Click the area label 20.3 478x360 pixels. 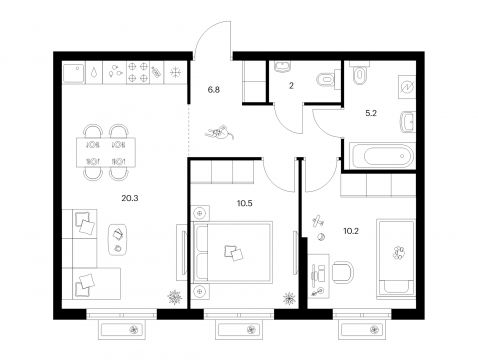pyautogui.click(x=130, y=198)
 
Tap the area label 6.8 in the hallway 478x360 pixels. pyautogui.click(x=214, y=90)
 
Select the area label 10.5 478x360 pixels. pyautogui.click(x=245, y=203)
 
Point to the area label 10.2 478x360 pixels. pyautogui.click(x=351, y=231)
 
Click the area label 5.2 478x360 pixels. pyautogui.click(x=371, y=113)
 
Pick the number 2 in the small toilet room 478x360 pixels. pyautogui.click(x=291, y=86)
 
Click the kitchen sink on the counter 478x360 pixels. pyautogui.click(x=74, y=72)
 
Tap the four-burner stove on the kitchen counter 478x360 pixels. pyautogui.click(x=138, y=72)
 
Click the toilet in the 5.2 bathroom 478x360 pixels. pyautogui.click(x=358, y=73)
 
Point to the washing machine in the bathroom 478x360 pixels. pyautogui.click(x=407, y=87)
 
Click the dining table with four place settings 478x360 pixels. pyautogui.click(x=106, y=153)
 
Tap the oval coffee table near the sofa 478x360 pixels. pyautogui.click(x=118, y=239)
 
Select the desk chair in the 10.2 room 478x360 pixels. pyautogui.click(x=342, y=272)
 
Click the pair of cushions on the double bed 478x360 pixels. pyautogui.click(x=234, y=252)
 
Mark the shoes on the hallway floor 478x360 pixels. pyautogui.click(x=219, y=132)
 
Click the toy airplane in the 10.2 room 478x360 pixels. pyautogui.click(x=318, y=220)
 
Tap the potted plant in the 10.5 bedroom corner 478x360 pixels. pyautogui.click(x=289, y=299)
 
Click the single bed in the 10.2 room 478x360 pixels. pyautogui.click(x=396, y=258)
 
